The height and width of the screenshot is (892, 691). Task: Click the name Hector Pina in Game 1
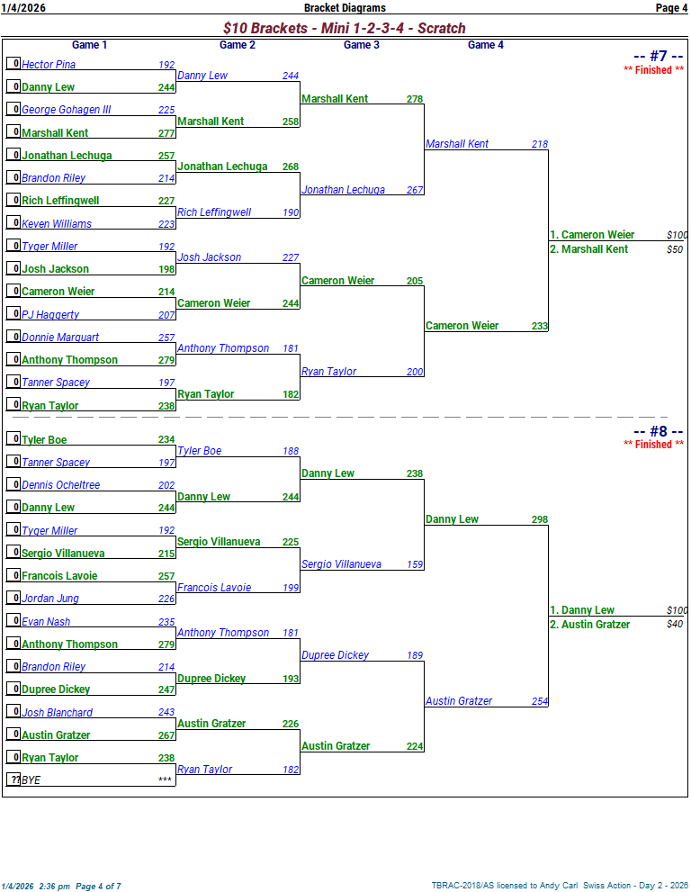49,65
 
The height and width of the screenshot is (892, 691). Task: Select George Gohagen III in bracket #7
67,110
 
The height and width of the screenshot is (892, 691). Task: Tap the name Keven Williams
57,224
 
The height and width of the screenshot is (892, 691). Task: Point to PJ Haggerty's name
50,315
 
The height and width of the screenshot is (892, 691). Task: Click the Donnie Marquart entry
60,338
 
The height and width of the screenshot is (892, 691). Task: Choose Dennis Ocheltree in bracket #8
61,485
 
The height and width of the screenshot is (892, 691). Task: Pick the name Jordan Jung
50,599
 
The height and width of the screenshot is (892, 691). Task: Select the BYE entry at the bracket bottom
31,780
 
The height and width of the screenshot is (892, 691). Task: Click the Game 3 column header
357,45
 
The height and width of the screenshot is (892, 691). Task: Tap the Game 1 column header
90,45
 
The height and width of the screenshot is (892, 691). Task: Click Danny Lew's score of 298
539,520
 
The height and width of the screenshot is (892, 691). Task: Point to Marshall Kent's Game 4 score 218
539,144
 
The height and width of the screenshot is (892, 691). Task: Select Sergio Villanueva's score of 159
414,565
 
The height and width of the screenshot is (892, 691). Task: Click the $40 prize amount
675,625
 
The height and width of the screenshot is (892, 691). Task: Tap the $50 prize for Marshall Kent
675,249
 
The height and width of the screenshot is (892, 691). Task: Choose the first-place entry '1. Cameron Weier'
592,235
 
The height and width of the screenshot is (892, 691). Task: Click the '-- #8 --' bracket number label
659,431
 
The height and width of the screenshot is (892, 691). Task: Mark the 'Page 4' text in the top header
671,8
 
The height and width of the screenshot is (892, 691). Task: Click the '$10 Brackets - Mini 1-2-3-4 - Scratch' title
345,29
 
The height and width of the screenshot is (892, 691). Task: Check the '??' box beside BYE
14,779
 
